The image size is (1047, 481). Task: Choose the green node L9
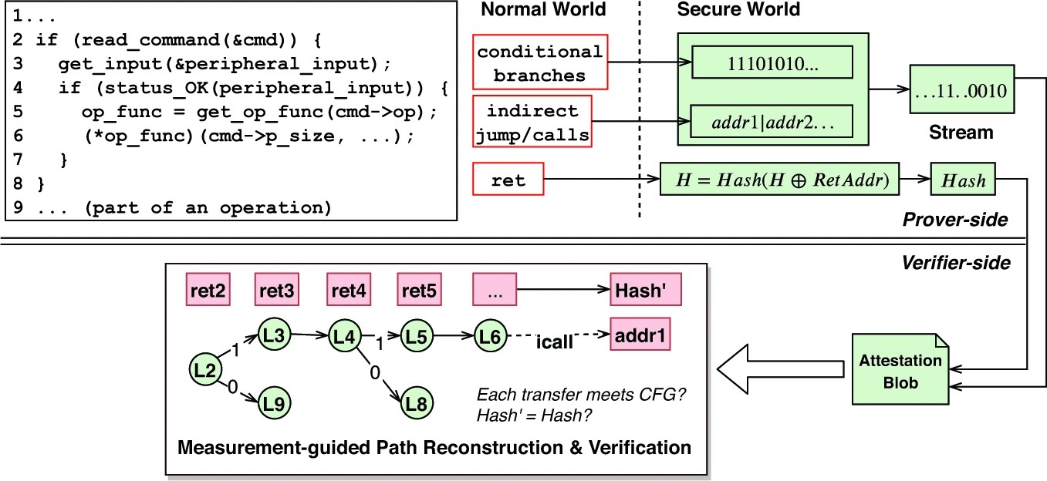[274, 402]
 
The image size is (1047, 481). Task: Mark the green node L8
[417, 402]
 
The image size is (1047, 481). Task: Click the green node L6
[490, 336]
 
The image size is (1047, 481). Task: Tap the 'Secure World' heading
[738, 10]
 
